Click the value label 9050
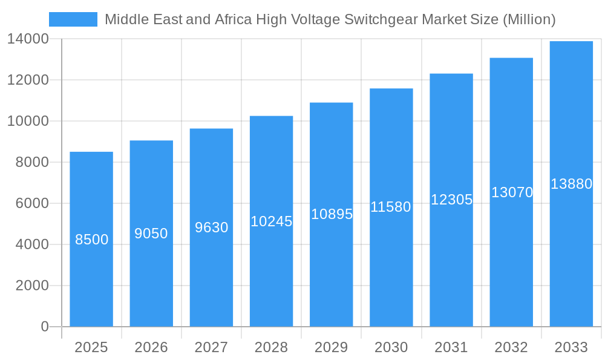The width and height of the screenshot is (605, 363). pyautogui.click(x=151, y=234)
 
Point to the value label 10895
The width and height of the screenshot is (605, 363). pyautogui.click(x=332, y=214)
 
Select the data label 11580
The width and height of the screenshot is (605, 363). pyautogui.click(x=391, y=207)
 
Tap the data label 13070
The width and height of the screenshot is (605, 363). pyautogui.click(x=512, y=192)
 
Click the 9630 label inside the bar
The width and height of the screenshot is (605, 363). pyautogui.click(x=212, y=227)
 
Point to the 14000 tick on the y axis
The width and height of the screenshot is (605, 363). pyautogui.click(x=28, y=39)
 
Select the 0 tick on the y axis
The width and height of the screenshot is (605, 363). pyautogui.click(x=45, y=327)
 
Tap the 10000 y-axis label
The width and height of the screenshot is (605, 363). pyautogui.click(x=28, y=122)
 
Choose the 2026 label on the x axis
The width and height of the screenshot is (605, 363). pyautogui.click(x=151, y=347)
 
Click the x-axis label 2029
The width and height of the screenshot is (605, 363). pyautogui.click(x=332, y=347)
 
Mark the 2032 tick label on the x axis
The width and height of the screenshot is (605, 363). pyautogui.click(x=511, y=347)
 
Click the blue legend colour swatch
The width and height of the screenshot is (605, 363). pyautogui.click(x=73, y=19)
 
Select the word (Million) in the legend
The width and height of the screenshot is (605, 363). pyautogui.click(x=529, y=19)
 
